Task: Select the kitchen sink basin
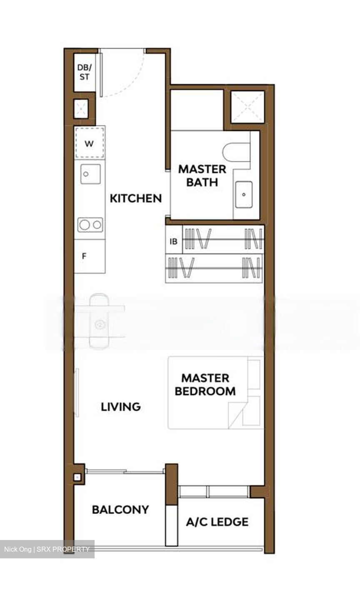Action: pyautogui.click(x=90, y=174)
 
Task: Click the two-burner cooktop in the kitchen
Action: pyautogui.click(x=90, y=225)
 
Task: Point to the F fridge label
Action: pyautogui.click(x=84, y=256)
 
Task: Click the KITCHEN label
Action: pyautogui.click(x=136, y=198)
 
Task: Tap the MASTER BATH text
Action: pyautogui.click(x=202, y=176)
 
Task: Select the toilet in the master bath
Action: pyautogui.click(x=236, y=152)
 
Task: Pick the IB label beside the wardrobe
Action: pyautogui.click(x=174, y=242)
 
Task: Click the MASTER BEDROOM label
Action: pyautogui.click(x=205, y=385)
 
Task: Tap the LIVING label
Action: pyautogui.click(x=121, y=407)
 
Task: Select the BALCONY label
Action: pyautogui.click(x=120, y=510)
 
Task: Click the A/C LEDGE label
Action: pyautogui.click(x=217, y=522)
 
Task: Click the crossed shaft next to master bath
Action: pyautogui.click(x=248, y=107)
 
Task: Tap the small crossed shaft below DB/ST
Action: pyautogui.click(x=81, y=108)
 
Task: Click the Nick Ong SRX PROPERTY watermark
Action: pyautogui.click(x=47, y=549)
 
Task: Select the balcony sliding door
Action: pyautogui.click(x=125, y=471)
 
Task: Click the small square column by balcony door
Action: pyautogui.click(x=77, y=477)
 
